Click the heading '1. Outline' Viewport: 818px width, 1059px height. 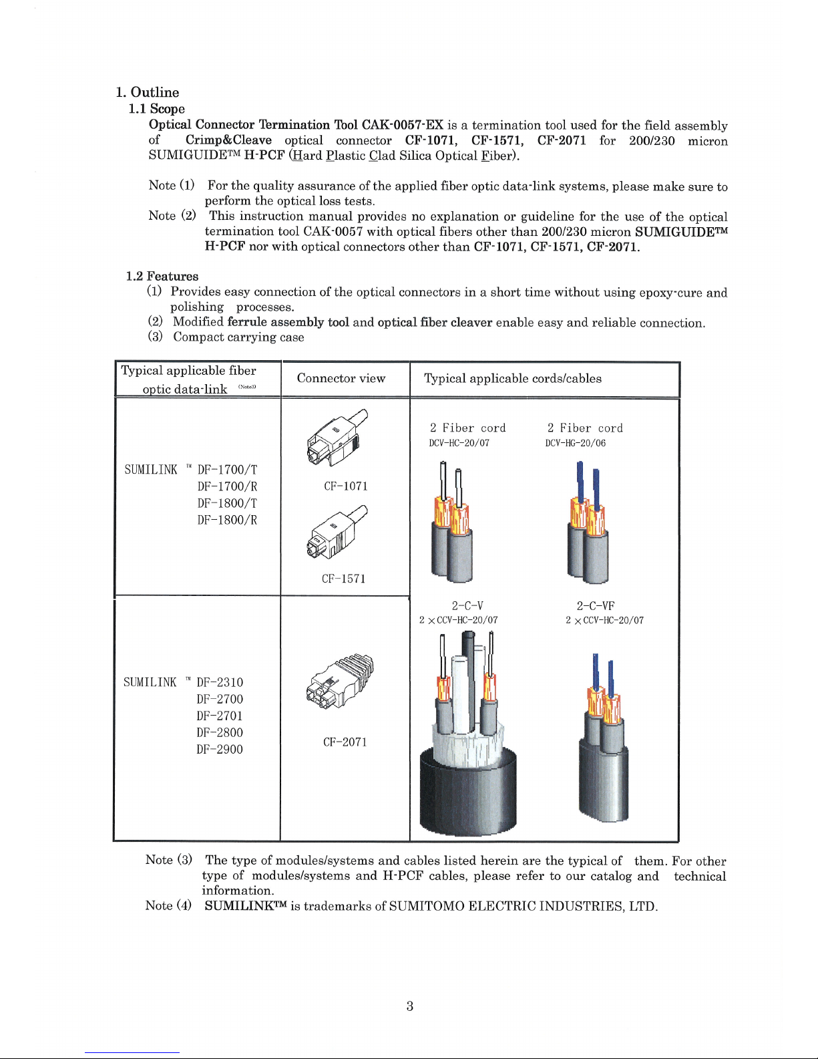tap(147, 92)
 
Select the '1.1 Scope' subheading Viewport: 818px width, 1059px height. tap(157, 108)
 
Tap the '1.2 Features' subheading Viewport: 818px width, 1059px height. tap(162, 276)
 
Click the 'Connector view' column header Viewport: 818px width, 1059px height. tap(341, 378)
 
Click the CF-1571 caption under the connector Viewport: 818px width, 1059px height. tap(344, 579)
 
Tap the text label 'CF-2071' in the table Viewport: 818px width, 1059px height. tap(345, 742)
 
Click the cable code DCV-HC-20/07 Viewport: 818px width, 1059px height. tap(459, 443)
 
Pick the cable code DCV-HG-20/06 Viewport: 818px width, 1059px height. tap(576, 443)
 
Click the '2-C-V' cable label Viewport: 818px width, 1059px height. tap(467, 606)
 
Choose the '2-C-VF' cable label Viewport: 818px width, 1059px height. tap(596, 606)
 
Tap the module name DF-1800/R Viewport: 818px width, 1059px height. tap(227, 520)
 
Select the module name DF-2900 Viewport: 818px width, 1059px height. tap(220, 749)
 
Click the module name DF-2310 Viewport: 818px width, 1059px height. tap(220, 682)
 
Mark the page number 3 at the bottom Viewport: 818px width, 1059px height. tap(409, 1006)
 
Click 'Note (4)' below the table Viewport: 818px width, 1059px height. tap(168, 905)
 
